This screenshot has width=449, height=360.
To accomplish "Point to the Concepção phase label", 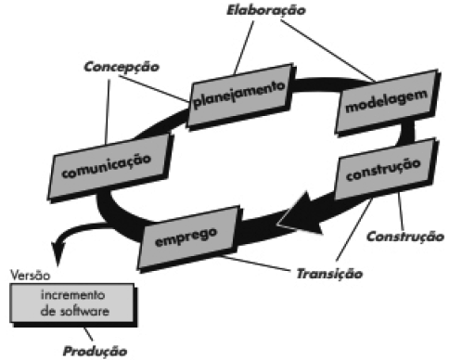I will (x=121, y=68).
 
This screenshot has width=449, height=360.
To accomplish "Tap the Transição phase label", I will (x=328, y=274).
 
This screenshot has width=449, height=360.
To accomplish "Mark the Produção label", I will (x=93, y=351).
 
